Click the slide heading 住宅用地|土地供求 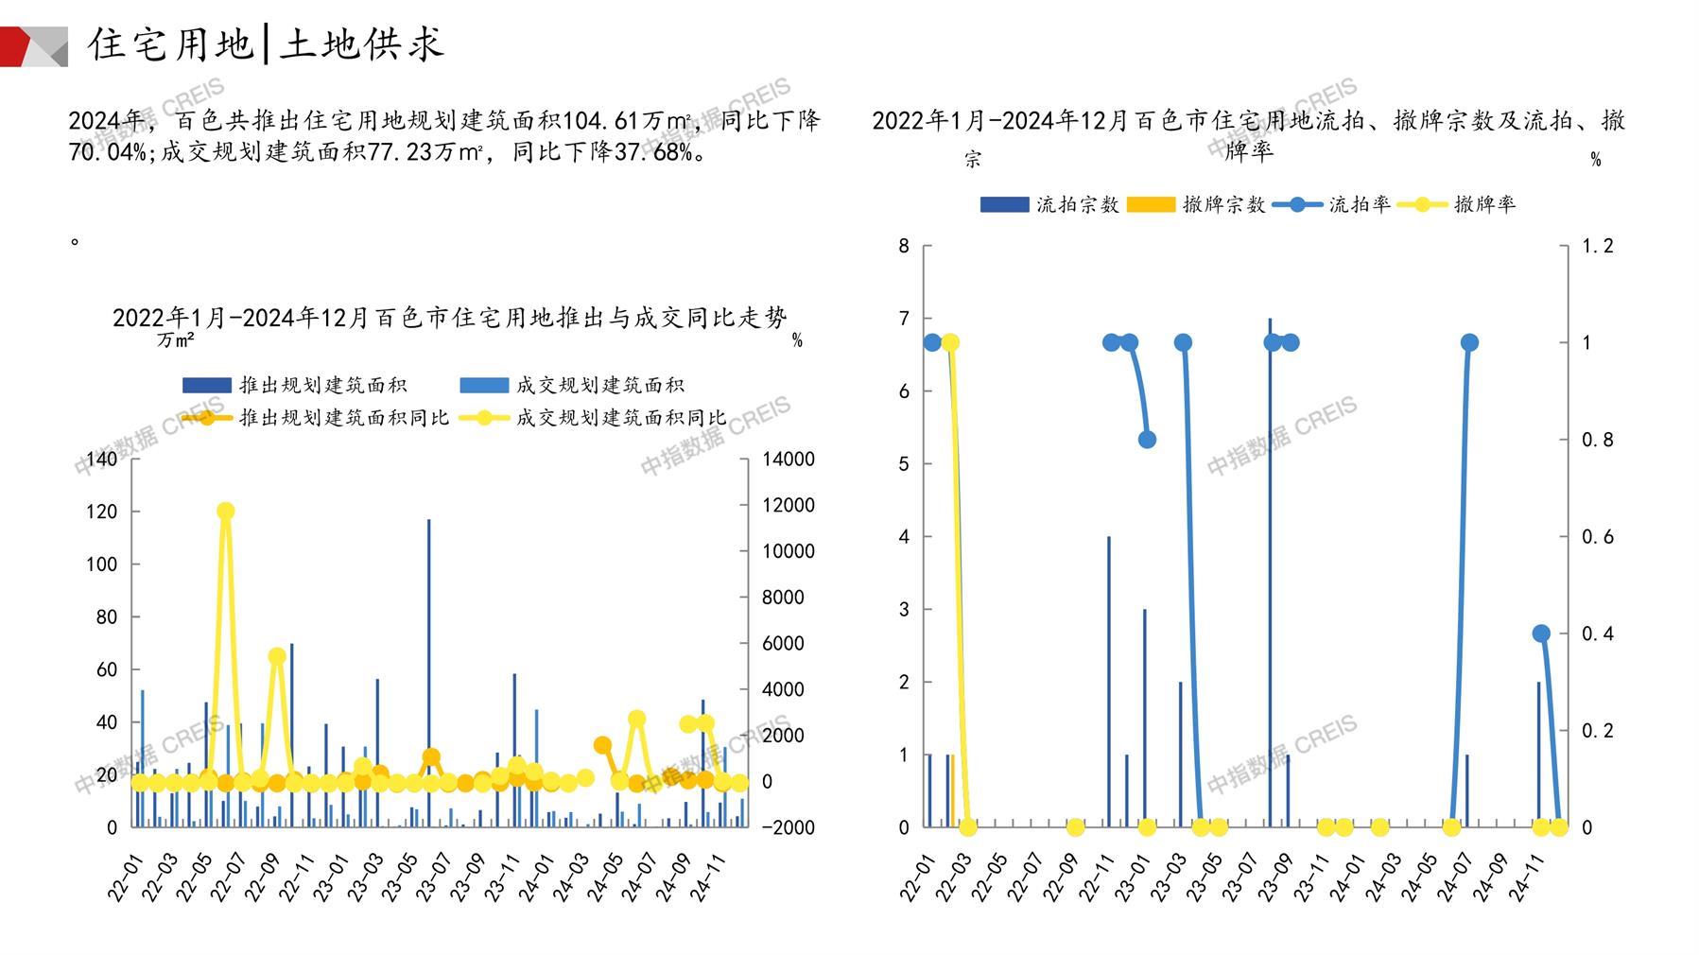[265, 44]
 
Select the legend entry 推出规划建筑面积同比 [317, 417]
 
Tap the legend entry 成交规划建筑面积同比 [594, 417]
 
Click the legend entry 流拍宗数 [1049, 204]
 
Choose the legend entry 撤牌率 [1457, 204]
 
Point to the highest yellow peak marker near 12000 [225, 512]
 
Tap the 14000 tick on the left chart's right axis [789, 460]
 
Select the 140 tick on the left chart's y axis [101, 460]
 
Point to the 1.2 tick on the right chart [1597, 246]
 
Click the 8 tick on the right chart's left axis [904, 246]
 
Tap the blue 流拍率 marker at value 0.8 [1147, 440]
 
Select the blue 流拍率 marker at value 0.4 [1541, 634]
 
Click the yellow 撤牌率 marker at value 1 [950, 342]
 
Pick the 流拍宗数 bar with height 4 [1109, 681]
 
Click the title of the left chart [449, 318]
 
